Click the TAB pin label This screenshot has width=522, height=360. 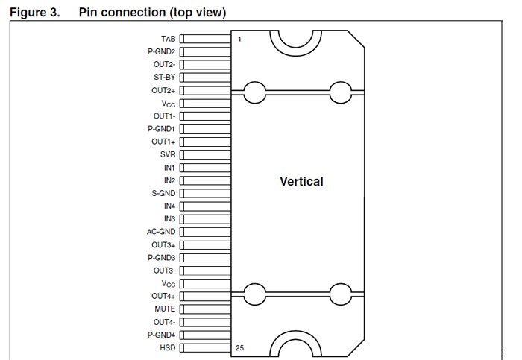point(167,39)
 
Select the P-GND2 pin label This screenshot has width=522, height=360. point(161,51)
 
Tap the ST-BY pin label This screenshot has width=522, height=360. point(165,78)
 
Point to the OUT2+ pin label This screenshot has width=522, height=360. point(163,90)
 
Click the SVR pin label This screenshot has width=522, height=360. point(167,154)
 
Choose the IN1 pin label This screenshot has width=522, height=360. point(169,168)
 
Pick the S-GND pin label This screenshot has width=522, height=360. point(163,193)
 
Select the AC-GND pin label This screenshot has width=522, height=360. point(161,232)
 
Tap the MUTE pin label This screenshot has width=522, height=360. point(165,309)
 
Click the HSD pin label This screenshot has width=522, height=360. point(167,348)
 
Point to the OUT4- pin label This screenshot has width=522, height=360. point(163,322)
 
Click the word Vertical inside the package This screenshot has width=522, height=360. point(301,181)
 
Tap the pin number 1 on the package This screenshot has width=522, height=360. point(239,39)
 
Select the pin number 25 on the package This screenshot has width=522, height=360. point(240,348)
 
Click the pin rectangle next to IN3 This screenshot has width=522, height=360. point(205,219)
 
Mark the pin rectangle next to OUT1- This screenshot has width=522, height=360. point(205,116)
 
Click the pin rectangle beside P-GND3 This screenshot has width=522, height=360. point(205,257)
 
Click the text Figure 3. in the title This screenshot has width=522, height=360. point(34,13)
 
